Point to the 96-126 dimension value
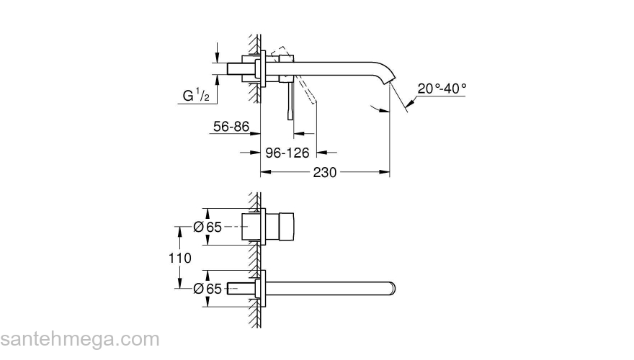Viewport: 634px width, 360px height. [287, 153]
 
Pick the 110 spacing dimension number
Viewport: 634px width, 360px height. [181, 258]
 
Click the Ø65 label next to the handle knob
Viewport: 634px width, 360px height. [207, 227]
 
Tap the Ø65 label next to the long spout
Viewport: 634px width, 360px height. [207, 289]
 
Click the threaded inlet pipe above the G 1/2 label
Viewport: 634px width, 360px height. [241, 68]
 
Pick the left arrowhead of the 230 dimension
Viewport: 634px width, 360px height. [264, 173]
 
